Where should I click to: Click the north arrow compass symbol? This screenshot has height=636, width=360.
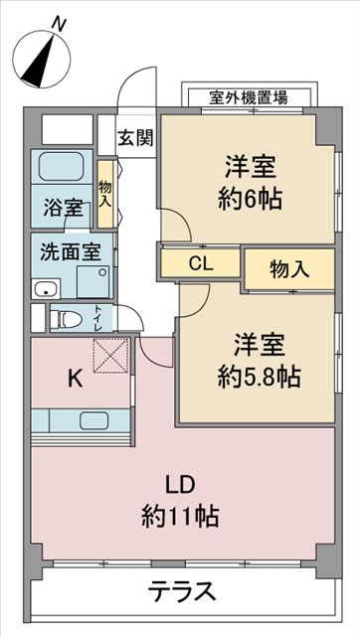coord(42,60)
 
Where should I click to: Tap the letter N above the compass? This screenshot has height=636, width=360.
coord(59,25)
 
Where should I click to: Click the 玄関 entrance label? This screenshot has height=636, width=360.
coord(136,139)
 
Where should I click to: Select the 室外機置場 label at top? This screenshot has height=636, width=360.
coord(249,97)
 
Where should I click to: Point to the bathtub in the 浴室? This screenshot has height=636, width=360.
coord(62,167)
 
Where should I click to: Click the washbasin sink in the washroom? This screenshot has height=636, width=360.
coord(46,289)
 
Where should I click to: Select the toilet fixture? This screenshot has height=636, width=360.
coord(67,319)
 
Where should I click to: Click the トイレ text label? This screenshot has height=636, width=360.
coord(98,318)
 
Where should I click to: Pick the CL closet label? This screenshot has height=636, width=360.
coord(201,264)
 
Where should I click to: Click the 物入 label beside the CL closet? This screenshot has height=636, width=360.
coord(289,269)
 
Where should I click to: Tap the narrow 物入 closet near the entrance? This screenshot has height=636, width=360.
coord(104,194)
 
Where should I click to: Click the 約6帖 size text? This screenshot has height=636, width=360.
coord(251,199)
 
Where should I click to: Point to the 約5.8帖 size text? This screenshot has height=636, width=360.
coord(259,377)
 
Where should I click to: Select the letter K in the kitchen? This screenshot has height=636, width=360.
coord(76,380)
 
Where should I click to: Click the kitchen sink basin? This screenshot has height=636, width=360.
coord(93,420)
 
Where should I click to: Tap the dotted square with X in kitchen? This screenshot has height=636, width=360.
coord(111,356)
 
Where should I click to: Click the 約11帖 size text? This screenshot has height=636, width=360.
coord(180,517)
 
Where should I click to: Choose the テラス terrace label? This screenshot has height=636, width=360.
coord(181,592)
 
